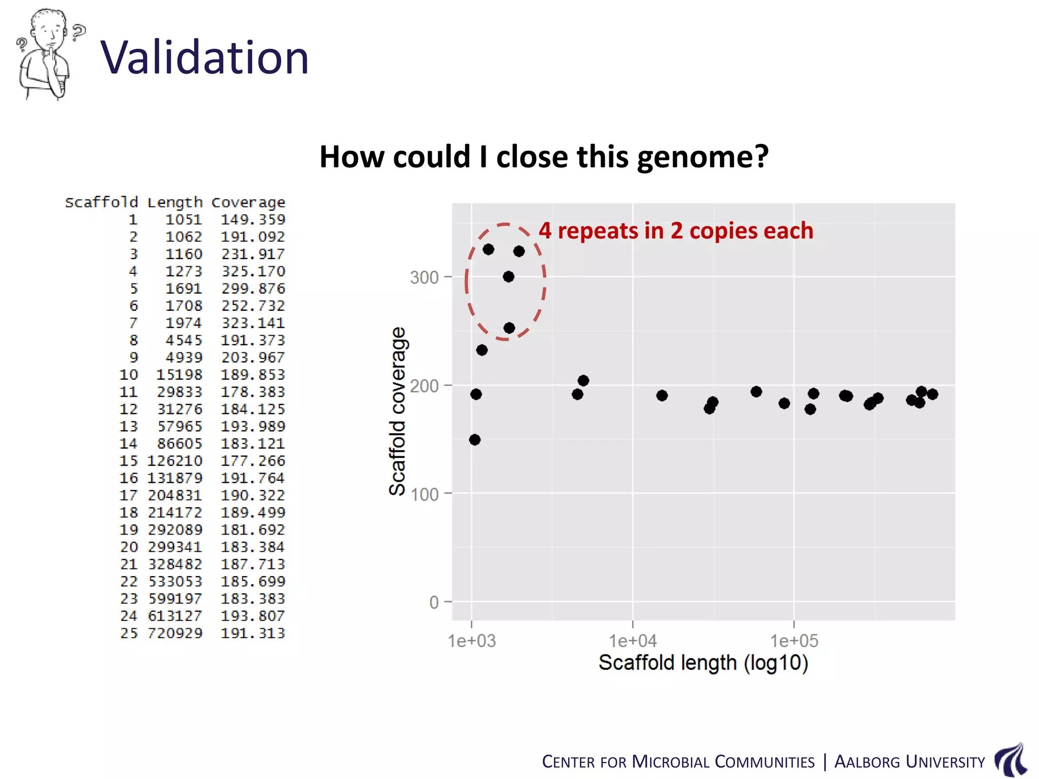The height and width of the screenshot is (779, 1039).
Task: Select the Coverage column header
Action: (248, 202)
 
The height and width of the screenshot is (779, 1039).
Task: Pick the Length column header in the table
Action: (175, 202)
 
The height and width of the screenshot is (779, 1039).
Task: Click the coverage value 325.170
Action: (253, 271)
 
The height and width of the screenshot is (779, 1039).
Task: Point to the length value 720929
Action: (175, 633)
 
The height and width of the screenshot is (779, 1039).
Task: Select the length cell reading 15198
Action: (179, 375)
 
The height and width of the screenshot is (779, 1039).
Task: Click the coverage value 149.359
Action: (253, 220)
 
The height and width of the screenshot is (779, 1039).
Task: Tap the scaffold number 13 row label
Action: (128, 427)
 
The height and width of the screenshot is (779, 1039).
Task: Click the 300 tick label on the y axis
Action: (424, 277)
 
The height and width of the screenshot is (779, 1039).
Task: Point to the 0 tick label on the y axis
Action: (434, 603)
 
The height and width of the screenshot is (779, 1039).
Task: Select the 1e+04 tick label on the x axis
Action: (633, 641)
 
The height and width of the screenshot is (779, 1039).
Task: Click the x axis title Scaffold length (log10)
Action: (703, 663)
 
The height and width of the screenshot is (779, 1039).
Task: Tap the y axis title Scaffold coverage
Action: (397, 411)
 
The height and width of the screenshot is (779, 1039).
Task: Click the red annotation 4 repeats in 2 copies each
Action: (676, 231)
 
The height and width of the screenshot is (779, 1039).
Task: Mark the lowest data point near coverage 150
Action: (475, 440)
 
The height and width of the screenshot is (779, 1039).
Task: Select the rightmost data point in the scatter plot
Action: (932, 394)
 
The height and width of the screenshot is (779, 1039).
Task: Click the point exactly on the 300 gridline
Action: (509, 276)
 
